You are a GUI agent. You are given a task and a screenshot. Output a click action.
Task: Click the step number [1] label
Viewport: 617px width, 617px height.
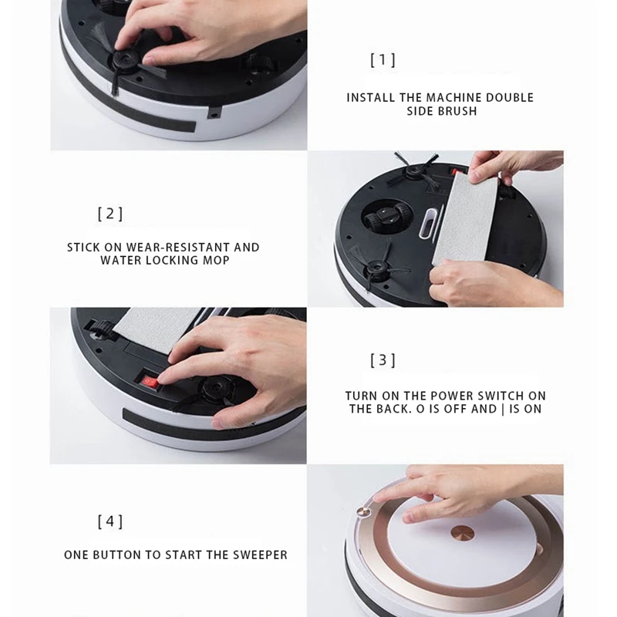383,59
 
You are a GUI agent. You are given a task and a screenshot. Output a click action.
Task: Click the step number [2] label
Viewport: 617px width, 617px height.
110,214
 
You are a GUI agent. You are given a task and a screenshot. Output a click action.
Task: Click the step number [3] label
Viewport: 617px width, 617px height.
383,359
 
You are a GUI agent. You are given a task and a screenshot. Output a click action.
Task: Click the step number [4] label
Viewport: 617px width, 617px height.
110,521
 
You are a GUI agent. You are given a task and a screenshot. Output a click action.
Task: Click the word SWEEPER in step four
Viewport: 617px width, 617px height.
261,555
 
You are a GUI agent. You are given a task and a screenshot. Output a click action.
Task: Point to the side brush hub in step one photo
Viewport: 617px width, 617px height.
123,58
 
